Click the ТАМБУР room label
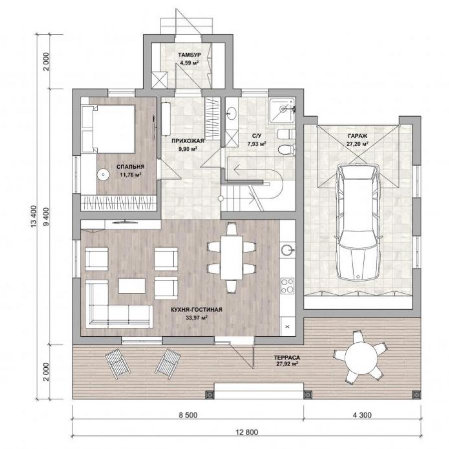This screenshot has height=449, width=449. [189, 55]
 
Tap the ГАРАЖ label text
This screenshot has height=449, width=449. [358, 136]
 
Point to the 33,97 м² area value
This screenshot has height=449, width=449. [197, 318]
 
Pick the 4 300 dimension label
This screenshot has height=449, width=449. [362, 415]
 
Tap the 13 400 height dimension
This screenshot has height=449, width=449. [34, 217]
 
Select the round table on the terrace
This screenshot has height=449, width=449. [361, 357]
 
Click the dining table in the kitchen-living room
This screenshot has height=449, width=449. [231, 258]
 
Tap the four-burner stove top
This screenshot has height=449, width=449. [287, 286]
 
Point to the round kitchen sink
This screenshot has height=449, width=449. [287, 249]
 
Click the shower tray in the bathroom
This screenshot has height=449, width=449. [282, 110]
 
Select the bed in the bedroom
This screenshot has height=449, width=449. [108, 129]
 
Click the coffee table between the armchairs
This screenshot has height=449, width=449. [132, 286]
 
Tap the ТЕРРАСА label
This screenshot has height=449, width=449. [287, 358]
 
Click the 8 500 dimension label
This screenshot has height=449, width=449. [188, 415]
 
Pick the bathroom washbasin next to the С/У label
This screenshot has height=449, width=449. [231, 113]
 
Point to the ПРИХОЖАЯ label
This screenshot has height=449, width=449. [188, 141]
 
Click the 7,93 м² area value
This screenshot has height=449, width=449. [257, 144]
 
